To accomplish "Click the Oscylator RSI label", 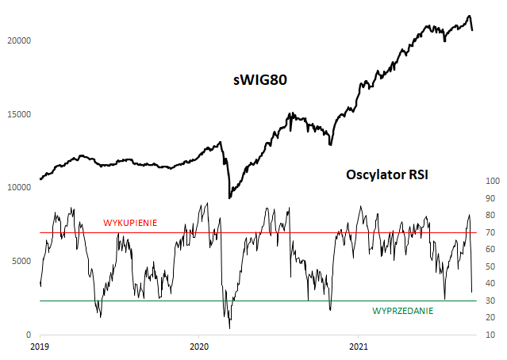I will tap(388, 174).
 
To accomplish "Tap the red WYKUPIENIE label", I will tap(130, 224).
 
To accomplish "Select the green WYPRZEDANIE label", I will tap(403, 312).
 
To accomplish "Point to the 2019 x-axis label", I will tap(39, 347).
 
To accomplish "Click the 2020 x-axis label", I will tap(199, 347).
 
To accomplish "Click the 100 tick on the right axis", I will tap(492, 182).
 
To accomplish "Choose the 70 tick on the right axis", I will tap(490, 233).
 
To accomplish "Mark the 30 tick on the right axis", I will tap(490, 301).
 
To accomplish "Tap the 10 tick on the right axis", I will tap(490, 335).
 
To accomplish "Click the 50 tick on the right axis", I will tap(490, 267).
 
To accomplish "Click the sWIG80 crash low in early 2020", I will tap(229, 197).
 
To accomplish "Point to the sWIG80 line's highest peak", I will tap(469, 16).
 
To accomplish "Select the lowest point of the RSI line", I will tap(230, 327).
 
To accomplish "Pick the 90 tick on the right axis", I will tap(490, 199).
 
